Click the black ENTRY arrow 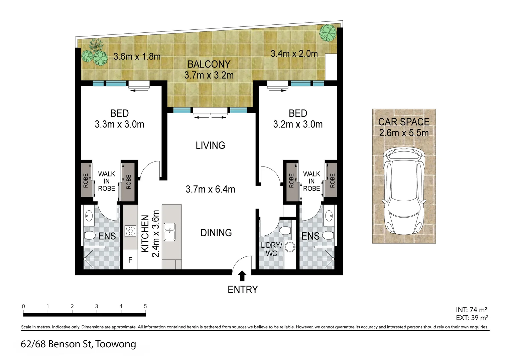(x=243, y=276)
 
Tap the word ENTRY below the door (x=243, y=289)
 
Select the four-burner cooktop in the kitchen (x=130, y=231)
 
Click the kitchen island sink (x=170, y=231)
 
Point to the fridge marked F (x=130, y=260)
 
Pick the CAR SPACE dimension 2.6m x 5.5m (x=404, y=133)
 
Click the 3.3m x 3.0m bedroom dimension (x=119, y=124)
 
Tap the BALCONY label (x=209, y=64)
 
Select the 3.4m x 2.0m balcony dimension (x=294, y=53)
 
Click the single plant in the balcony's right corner (x=327, y=32)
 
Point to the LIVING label (x=210, y=145)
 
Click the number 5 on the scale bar (x=145, y=306)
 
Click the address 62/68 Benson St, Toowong (x=78, y=344)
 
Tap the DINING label (x=216, y=233)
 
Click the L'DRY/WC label (x=271, y=249)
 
